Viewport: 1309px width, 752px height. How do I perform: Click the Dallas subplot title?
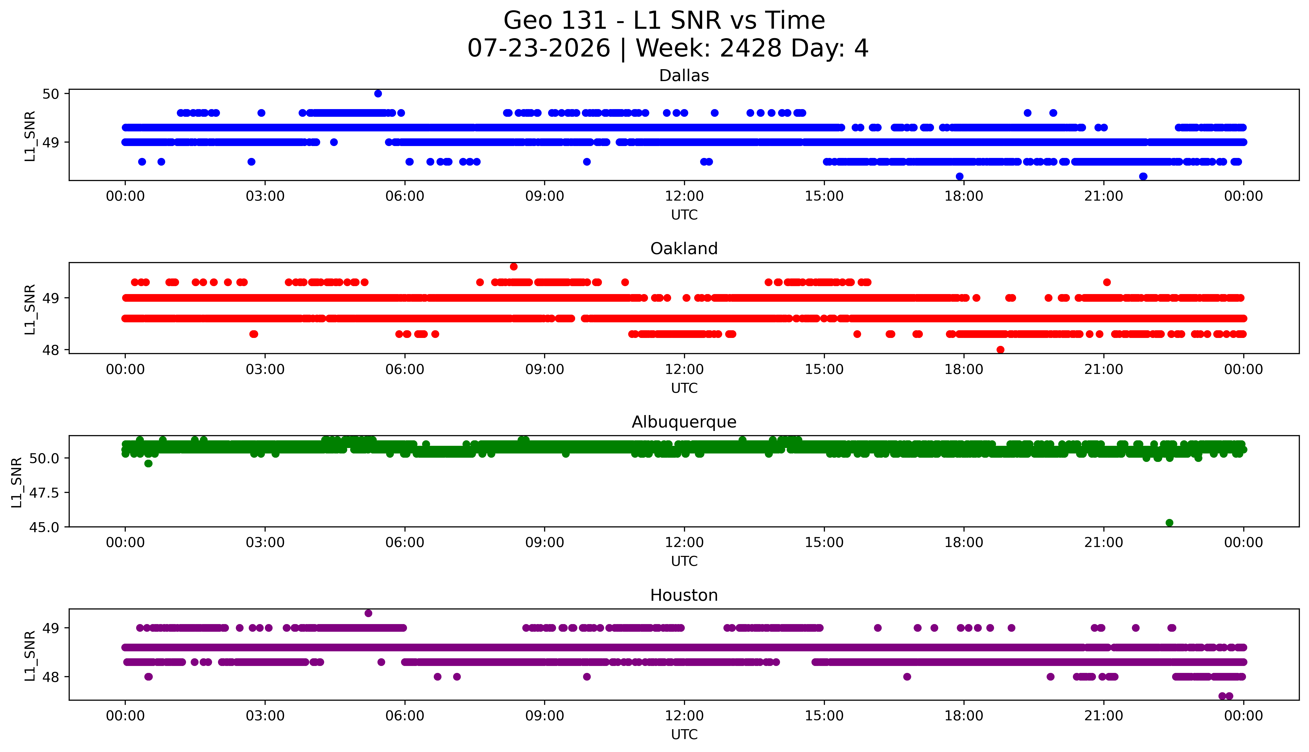[x=684, y=76]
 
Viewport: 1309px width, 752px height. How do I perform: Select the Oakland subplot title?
[x=684, y=249]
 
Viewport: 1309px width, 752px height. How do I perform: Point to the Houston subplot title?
[x=684, y=596]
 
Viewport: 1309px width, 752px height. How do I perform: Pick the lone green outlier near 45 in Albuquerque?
[x=1170, y=523]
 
